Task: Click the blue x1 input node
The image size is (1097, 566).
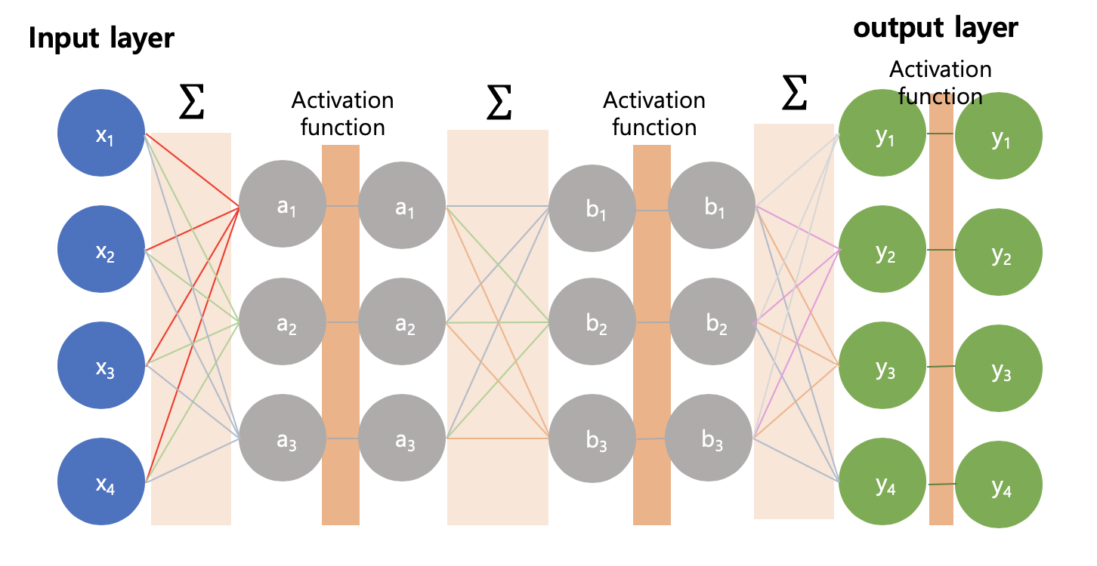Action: (101, 135)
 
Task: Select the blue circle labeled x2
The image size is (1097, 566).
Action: (101, 251)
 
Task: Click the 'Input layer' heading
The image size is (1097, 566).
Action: (101, 38)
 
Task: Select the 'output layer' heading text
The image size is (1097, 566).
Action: (935, 28)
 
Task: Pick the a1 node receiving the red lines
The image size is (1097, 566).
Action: (283, 205)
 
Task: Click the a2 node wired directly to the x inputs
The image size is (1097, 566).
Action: (283, 322)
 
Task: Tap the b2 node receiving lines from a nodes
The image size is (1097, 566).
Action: (592, 322)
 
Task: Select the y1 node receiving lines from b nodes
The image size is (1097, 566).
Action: (882, 136)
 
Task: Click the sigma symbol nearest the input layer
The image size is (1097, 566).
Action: (191, 103)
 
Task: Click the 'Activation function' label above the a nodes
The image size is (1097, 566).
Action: (342, 113)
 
